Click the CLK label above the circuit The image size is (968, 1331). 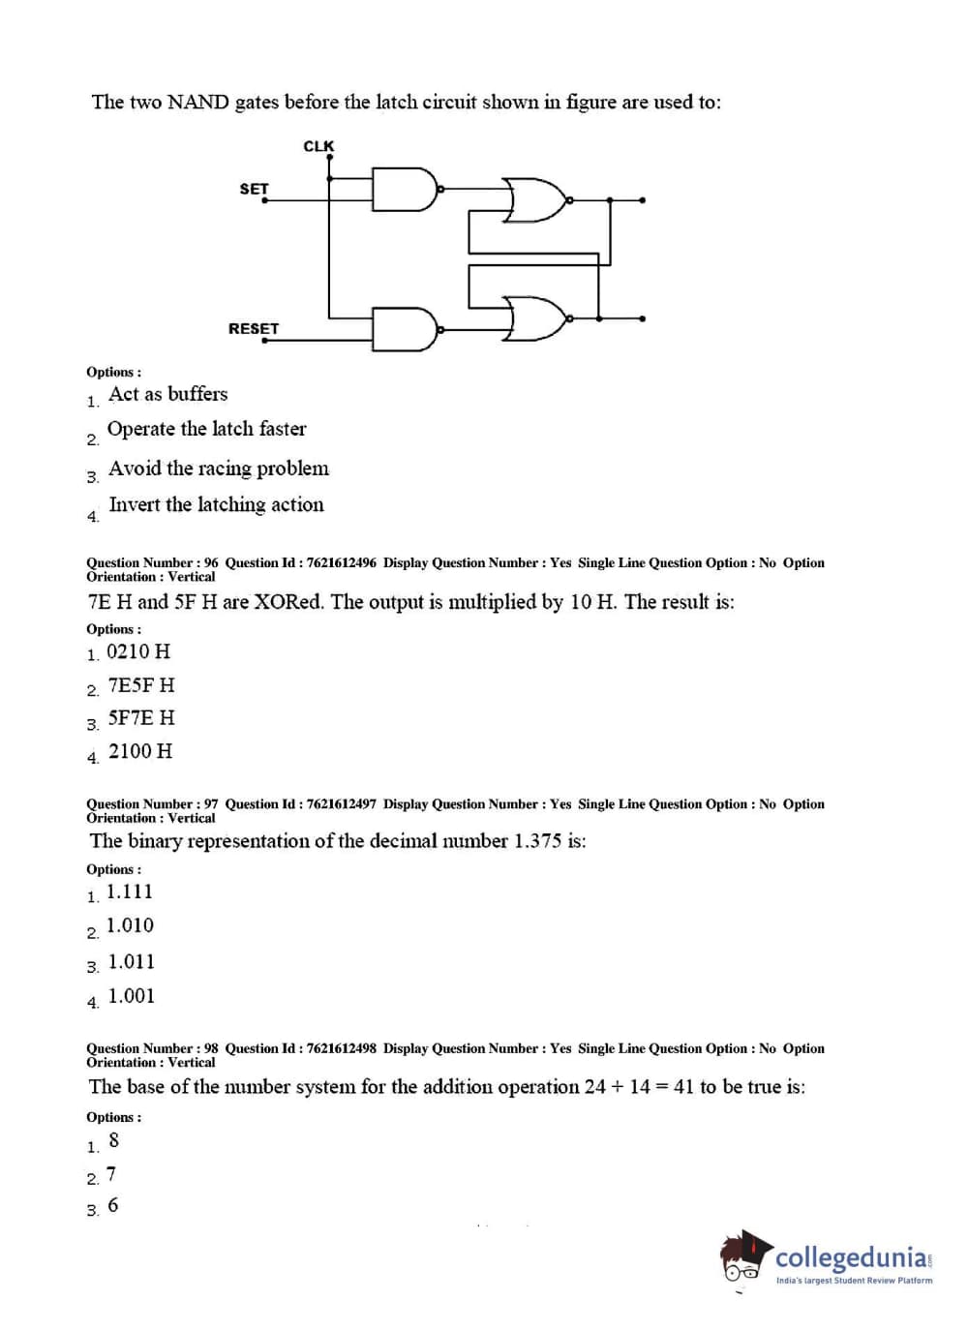coord(318,146)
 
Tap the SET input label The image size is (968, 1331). coord(254,189)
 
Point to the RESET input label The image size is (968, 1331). coord(254,329)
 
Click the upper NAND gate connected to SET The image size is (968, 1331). coord(405,190)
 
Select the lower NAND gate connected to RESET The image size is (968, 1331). coord(405,329)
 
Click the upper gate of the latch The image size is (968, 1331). coord(534,199)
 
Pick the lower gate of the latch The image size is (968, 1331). coord(534,318)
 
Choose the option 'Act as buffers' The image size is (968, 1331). coord(168,394)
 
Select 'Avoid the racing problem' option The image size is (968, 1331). coord(219,469)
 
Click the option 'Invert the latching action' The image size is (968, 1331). coord(216,504)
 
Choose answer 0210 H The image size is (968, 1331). coord(138,651)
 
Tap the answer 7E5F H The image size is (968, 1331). coord(141,685)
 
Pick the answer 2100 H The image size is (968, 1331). coord(140,751)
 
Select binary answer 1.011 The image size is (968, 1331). coord(132,961)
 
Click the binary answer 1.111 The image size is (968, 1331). coord(130,892)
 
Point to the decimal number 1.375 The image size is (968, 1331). coord(537,841)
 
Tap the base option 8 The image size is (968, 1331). coord(114,1140)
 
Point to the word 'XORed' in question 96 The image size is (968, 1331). coord(288,602)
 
